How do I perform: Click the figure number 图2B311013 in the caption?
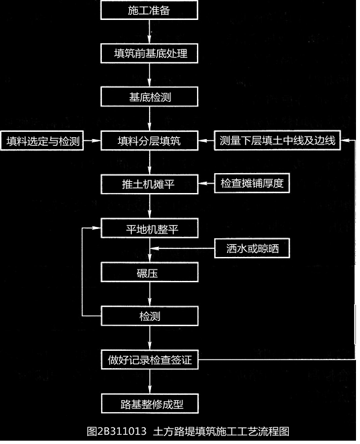(116, 431)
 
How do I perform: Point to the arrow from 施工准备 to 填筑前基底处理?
(150, 32)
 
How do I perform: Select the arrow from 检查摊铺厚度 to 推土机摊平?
(206, 184)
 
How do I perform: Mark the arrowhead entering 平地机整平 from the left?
(96, 228)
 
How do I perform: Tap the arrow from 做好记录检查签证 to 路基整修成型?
(150, 381)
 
